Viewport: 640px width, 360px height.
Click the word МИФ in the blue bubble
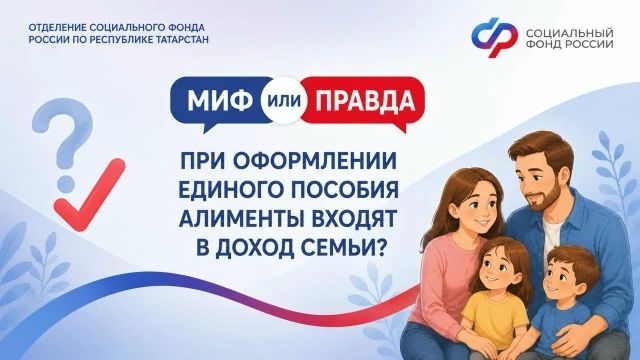220,100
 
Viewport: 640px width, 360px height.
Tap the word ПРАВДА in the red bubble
366,100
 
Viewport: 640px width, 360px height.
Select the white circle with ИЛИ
283,100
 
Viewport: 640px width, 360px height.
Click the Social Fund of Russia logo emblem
494,37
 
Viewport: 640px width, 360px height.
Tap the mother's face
479,208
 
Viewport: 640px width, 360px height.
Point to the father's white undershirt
551,232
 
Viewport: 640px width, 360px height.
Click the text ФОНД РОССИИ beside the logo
569,43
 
